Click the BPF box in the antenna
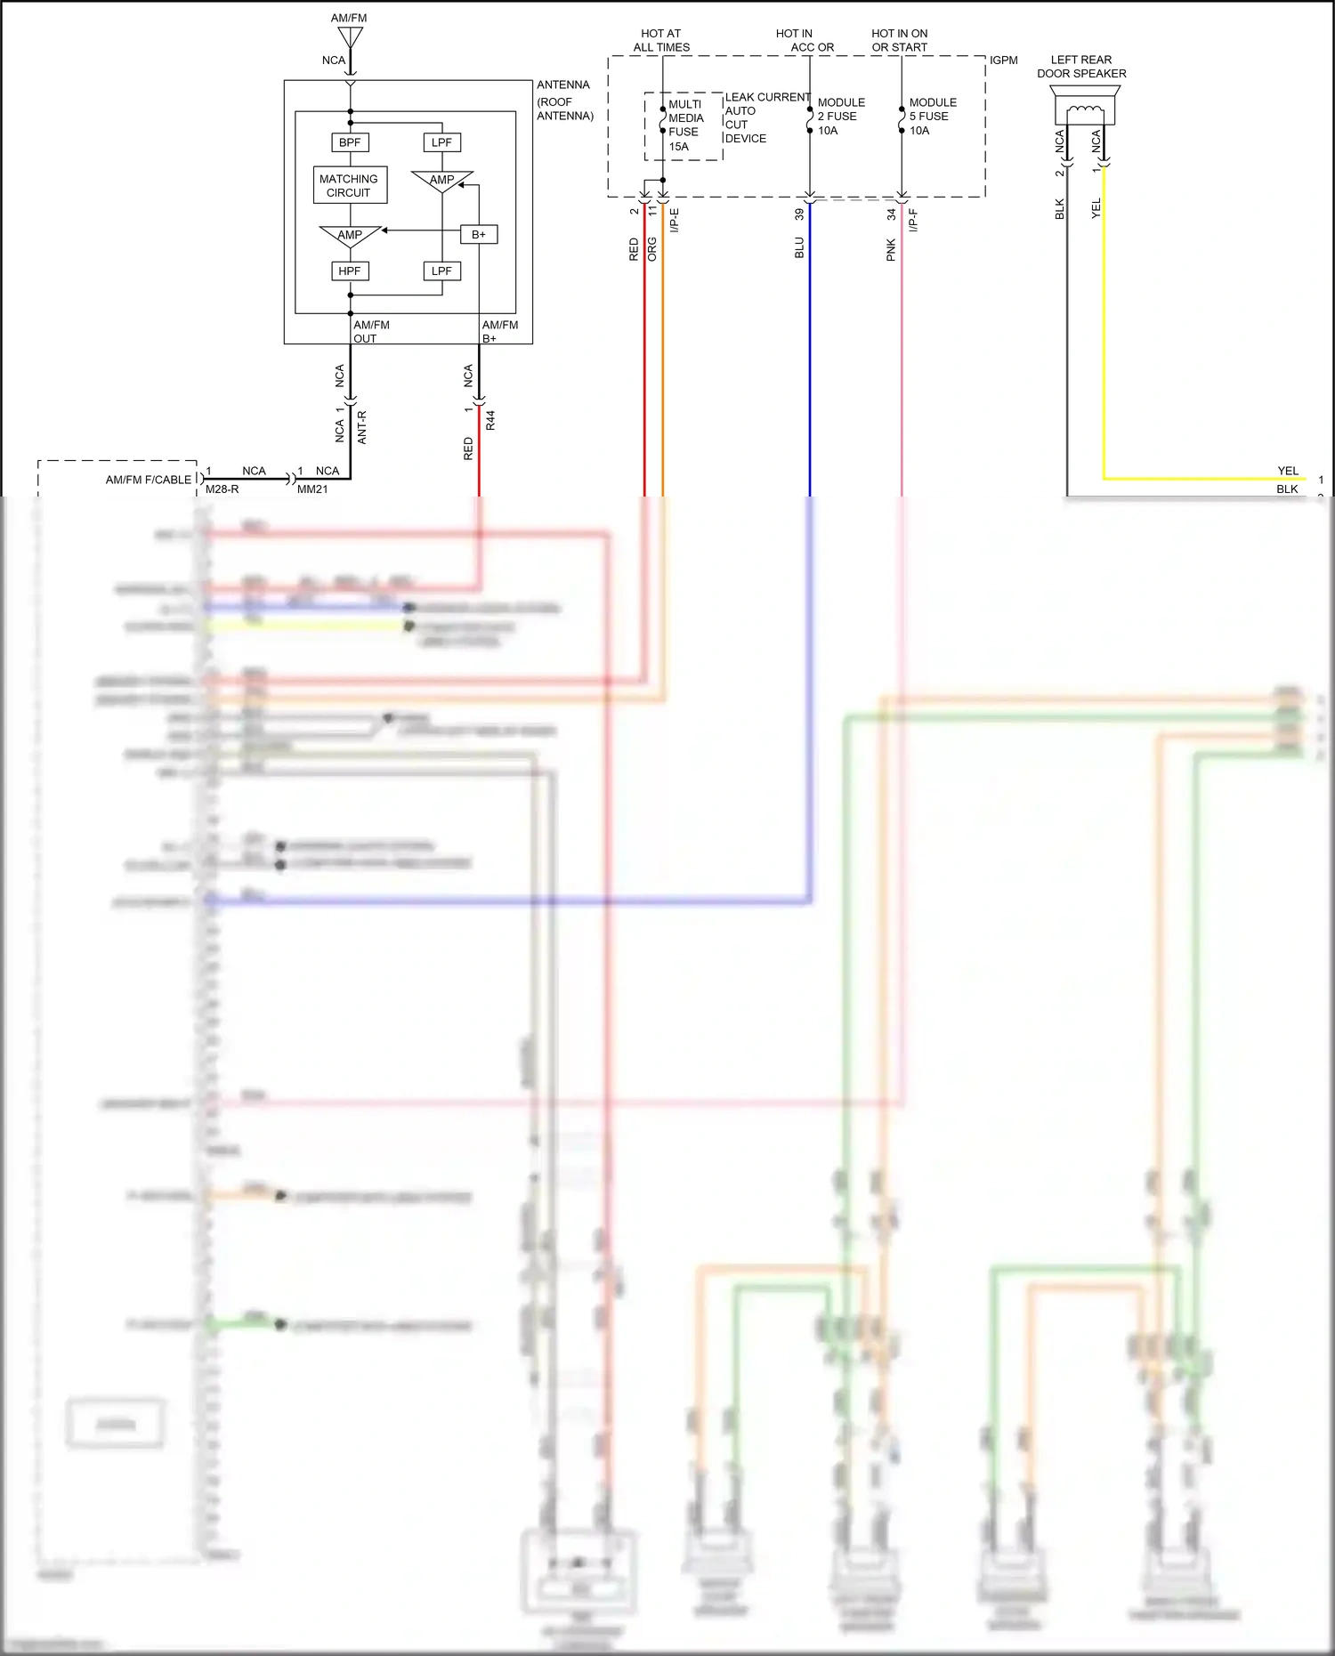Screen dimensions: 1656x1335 [350, 142]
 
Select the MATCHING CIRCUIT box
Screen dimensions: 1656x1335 [350, 185]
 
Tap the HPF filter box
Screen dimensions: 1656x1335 [350, 271]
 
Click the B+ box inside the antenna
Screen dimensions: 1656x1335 [479, 234]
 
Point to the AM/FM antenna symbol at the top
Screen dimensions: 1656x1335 [350, 37]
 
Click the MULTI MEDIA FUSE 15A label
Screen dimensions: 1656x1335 [684, 125]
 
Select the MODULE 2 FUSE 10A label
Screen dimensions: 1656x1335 [840, 117]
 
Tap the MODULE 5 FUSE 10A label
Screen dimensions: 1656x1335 [932, 117]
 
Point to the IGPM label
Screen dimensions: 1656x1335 [1003, 61]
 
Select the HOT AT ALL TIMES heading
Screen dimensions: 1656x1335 [661, 40]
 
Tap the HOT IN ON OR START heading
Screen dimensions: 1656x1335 [899, 40]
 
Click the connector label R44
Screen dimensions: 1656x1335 [490, 421]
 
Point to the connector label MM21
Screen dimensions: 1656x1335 [312, 489]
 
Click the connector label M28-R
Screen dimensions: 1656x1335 [222, 489]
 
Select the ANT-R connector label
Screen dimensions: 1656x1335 [361, 427]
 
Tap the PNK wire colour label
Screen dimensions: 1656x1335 [891, 250]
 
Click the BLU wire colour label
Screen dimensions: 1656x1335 [799, 248]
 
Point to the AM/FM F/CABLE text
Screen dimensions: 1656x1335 [149, 480]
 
